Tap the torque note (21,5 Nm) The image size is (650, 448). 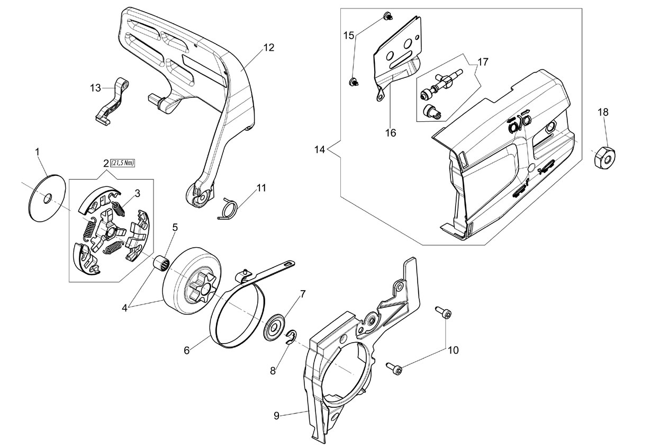[x=122, y=164]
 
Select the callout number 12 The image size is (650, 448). [x=268, y=48]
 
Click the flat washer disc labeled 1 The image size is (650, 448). [x=48, y=198]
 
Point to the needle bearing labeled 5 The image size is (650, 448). [x=161, y=263]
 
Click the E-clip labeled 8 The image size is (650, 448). [x=291, y=338]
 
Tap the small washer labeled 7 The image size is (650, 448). [x=274, y=327]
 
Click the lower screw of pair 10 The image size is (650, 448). [x=394, y=368]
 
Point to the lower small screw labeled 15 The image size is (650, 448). [x=354, y=82]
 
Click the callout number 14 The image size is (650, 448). [x=320, y=150]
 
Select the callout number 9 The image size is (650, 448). [x=276, y=416]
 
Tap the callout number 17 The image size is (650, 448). [x=483, y=62]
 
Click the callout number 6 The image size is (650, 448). [x=187, y=351]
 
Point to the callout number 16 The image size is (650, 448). [x=391, y=133]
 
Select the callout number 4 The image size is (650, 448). [x=124, y=308]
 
